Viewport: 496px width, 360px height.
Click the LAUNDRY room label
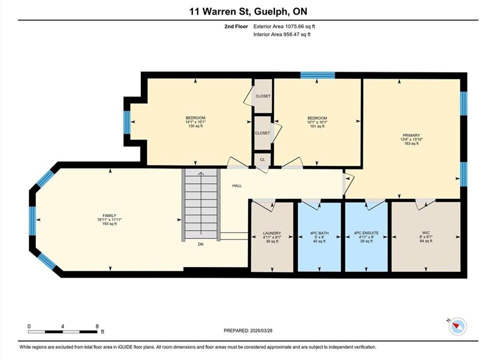272,233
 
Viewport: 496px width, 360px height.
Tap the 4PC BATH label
319,233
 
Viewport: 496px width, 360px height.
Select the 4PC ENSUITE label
366,233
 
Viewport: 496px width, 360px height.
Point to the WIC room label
426,232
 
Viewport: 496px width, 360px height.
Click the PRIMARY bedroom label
411,135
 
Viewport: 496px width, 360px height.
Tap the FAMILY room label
109,215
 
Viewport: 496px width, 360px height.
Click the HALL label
237,186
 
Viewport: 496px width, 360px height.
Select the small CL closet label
262,159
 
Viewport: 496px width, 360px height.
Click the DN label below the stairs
201,244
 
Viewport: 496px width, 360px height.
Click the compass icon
457,326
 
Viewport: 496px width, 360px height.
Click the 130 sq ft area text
195,126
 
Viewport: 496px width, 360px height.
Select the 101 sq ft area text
317,126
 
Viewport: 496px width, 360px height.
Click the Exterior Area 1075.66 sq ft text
284,26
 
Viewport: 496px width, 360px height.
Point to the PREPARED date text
248,330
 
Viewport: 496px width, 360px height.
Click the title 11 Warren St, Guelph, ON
248,11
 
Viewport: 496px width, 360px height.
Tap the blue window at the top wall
318,75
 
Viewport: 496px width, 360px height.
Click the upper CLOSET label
263,96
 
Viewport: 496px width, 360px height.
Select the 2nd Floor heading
236,26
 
